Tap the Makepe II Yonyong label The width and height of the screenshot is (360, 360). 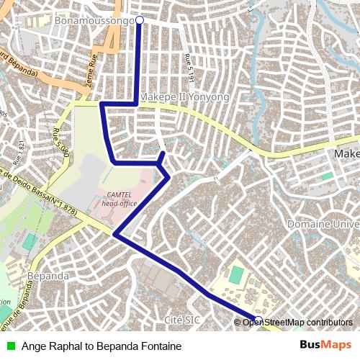click(x=184, y=96)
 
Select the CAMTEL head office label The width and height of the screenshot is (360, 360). click(x=120, y=199)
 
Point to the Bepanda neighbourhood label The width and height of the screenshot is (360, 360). click(x=48, y=276)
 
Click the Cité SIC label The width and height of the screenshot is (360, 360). click(x=182, y=319)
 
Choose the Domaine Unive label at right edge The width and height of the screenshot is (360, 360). click(x=323, y=225)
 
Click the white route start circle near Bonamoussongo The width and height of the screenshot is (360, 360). click(x=140, y=20)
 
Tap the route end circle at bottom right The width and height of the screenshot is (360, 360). click(x=258, y=320)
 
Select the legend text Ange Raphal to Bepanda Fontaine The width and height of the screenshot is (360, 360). click(x=102, y=346)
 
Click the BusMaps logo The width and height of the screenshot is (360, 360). click(x=325, y=346)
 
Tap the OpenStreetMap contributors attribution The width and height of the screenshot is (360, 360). click(x=297, y=322)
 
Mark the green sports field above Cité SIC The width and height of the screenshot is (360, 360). click(x=236, y=274)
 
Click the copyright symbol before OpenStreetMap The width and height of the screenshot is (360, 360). click(x=238, y=322)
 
